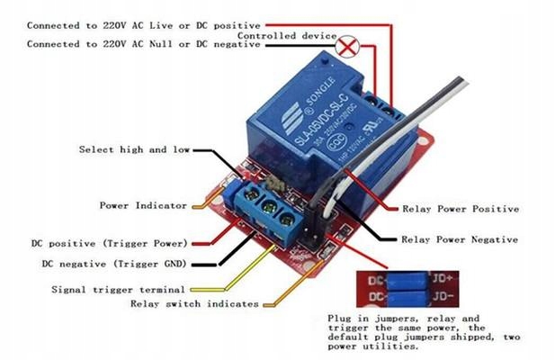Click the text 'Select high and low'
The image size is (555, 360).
click(134, 149)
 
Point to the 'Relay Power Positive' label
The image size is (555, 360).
click(460, 209)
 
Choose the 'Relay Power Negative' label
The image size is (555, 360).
click(460, 239)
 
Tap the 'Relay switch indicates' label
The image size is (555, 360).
click(194, 304)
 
